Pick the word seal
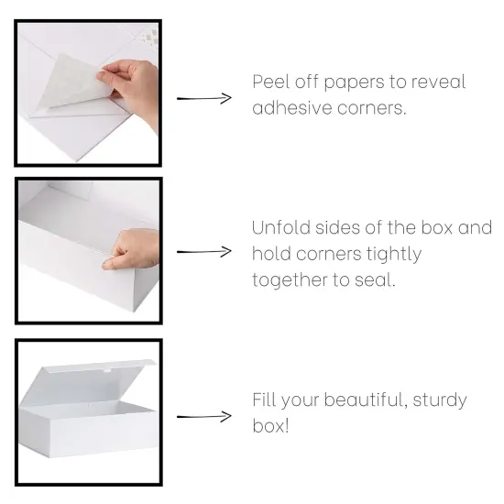pos(375,279)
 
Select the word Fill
pos(264,400)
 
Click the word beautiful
pos(354,400)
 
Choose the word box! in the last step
pos(270,426)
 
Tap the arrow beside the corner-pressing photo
pos(203,251)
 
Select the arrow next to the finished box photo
pos(203,417)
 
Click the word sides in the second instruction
pos(345,227)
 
